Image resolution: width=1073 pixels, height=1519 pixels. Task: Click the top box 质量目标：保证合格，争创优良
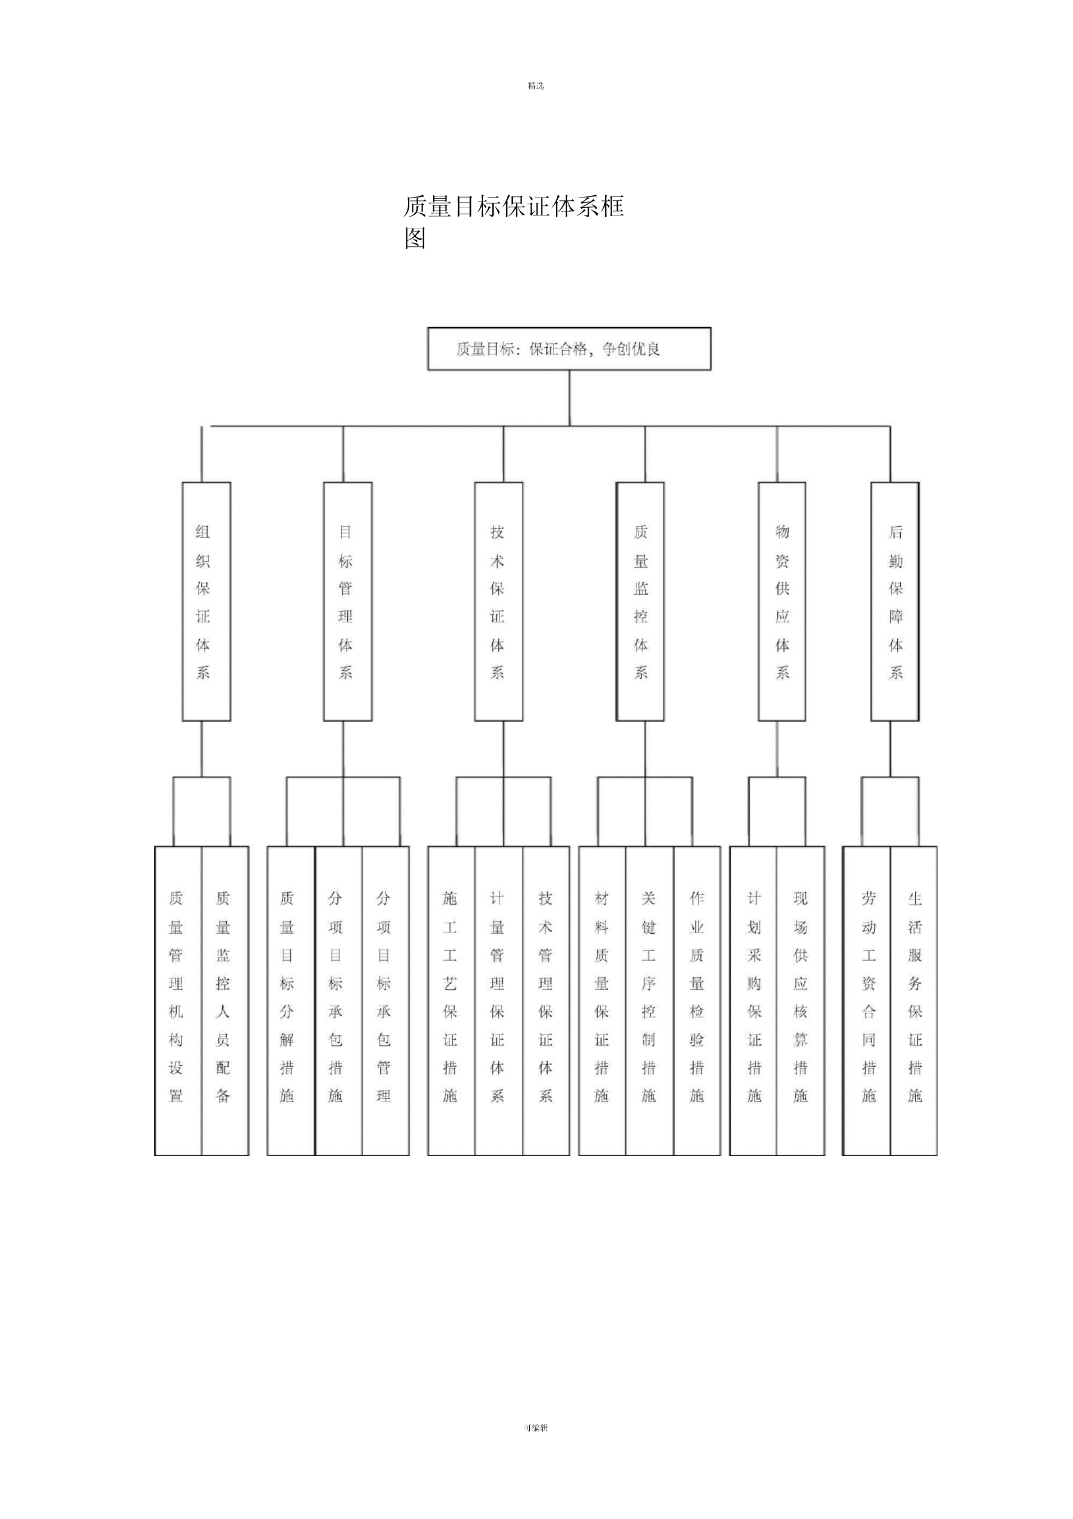point(569,348)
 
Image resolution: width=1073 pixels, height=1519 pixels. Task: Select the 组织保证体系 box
point(207,602)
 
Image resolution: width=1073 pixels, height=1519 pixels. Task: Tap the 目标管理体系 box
point(347,602)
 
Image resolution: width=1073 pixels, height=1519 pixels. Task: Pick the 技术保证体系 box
point(499,602)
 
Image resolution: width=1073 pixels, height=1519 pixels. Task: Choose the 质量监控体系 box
point(640,602)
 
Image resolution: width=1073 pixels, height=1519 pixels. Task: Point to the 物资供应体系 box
point(782,602)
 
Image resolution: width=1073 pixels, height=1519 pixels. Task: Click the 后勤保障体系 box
point(895,602)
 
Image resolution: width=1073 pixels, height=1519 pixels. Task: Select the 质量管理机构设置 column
point(178,1001)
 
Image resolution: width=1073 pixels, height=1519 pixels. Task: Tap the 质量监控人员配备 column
point(225,1001)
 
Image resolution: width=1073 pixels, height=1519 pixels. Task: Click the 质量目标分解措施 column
point(291,1001)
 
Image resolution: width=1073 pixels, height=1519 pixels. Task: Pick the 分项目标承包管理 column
point(386,1001)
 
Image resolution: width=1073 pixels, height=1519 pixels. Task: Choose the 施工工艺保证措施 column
point(451,1001)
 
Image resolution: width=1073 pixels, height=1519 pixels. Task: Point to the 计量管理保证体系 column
point(499,1001)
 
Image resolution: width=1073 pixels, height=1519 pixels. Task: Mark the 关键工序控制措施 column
point(650,1001)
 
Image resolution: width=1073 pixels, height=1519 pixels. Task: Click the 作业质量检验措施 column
point(697,1001)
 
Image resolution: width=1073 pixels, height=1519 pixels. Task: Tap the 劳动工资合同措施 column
point(866,1001)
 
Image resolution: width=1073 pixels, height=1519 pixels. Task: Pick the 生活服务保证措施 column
point(914,1001)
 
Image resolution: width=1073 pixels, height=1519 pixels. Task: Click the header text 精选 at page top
point(536,86)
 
